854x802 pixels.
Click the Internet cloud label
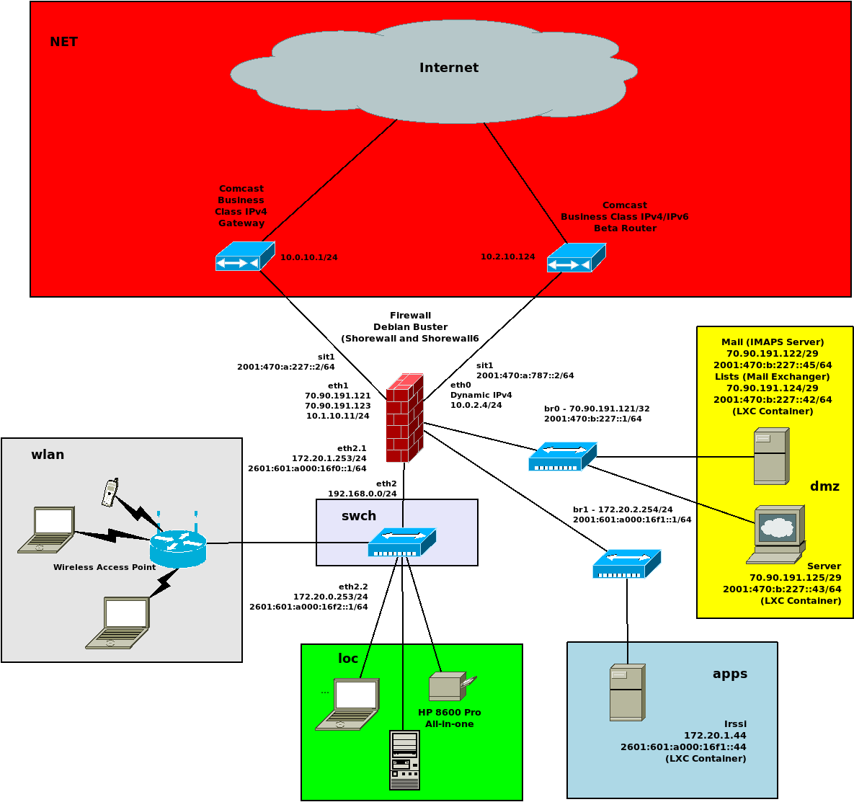pos(449,68)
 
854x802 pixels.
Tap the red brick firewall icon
pos(404,418)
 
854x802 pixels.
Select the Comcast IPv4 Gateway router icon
pos(245,257)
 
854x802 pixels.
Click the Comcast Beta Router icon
pos(576,258)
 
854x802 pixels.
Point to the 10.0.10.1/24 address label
pos(308,257)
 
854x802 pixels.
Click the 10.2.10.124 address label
pos(508,257)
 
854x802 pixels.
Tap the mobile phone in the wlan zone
pos(110,492)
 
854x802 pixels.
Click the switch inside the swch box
pos(401,542)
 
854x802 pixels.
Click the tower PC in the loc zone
pos(404,760)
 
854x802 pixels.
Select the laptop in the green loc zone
pos(348,704)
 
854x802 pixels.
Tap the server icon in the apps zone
pos(627,692)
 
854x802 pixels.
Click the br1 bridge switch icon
pos(626,563)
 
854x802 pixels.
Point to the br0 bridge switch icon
pos(562,456)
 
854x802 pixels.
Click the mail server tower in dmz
pos(771,456)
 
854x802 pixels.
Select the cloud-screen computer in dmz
pos(777,534)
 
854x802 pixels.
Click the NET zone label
pos(63,42)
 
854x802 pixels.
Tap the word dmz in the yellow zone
pos(824,486)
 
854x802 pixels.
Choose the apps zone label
pos(729,674)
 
